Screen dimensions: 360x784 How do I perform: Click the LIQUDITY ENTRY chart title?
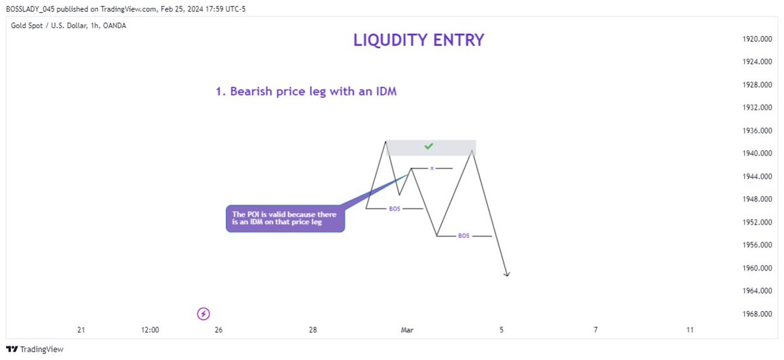(419, 41)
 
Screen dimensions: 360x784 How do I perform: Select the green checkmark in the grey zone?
(429, 146)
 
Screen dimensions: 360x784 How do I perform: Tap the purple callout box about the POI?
(285, 218)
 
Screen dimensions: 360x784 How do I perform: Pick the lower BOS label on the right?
(463, 235)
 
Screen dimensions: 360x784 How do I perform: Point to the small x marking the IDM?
(432, 169)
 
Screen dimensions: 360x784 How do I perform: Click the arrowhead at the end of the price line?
(507, 274)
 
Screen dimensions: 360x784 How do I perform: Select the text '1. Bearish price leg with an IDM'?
(306, 92)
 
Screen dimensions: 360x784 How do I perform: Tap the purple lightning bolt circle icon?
(203, 314)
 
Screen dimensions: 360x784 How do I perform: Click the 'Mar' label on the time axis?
(407, 331)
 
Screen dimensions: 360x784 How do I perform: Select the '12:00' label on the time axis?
(150, 331)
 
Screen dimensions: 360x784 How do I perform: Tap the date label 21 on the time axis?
(81, 331)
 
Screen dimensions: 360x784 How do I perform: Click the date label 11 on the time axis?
(690, 331)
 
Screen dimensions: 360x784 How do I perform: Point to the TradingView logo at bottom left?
(35, 350)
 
